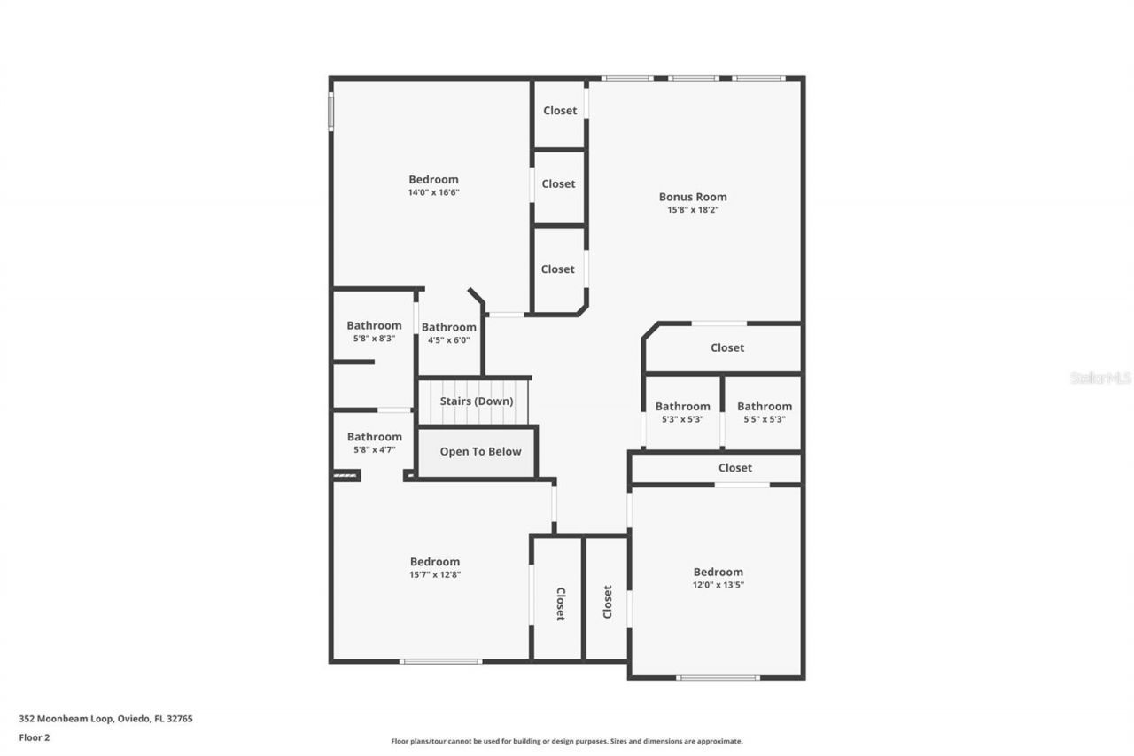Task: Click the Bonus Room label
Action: [693, 197]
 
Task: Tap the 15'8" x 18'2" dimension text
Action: [693, 210]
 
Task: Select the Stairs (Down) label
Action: [477, 401]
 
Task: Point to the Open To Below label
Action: [480, 451]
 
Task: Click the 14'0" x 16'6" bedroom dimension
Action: [434, 192]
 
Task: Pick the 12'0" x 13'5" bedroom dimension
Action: [718, 585]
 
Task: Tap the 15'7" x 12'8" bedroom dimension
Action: [435, 574]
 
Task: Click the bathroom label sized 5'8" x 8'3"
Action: [374, 325]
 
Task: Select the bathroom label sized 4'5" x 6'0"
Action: [449, 327]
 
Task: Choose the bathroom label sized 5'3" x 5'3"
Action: [682, 407]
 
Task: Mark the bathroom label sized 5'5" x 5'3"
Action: [764, 407]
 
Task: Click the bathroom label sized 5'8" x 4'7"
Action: [374, 437]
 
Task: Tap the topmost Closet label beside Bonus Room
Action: [560, 111]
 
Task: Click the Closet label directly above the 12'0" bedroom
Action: [735, 467]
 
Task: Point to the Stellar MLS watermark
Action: [1100, 378]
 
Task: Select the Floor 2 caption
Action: [35, 737]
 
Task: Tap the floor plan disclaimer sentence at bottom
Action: [567, 741]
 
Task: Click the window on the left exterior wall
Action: [331, 113]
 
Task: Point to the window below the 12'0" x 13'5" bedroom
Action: [718, 678]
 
